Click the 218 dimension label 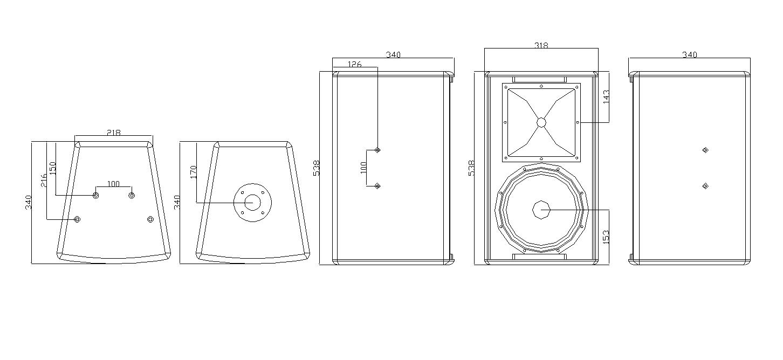tap(113, 132)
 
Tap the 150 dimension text tap(52, 168)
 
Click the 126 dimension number tap(354, 64)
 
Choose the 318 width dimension tap(541, 45)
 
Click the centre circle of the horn tap(541, 122)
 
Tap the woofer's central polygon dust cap tap(541, 210)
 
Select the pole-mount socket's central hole tap(252, 203)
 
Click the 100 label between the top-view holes tap(113, 184)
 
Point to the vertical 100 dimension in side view tap(363, 168)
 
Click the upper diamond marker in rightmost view tap(705, 150)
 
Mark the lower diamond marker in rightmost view tap(705, 186)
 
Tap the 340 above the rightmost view tap(690, 54)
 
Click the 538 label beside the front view tap(471, 168)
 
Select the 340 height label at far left tap(29, 202)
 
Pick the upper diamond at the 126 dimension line tap(377, 150)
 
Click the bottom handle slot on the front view tap(541, 257)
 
